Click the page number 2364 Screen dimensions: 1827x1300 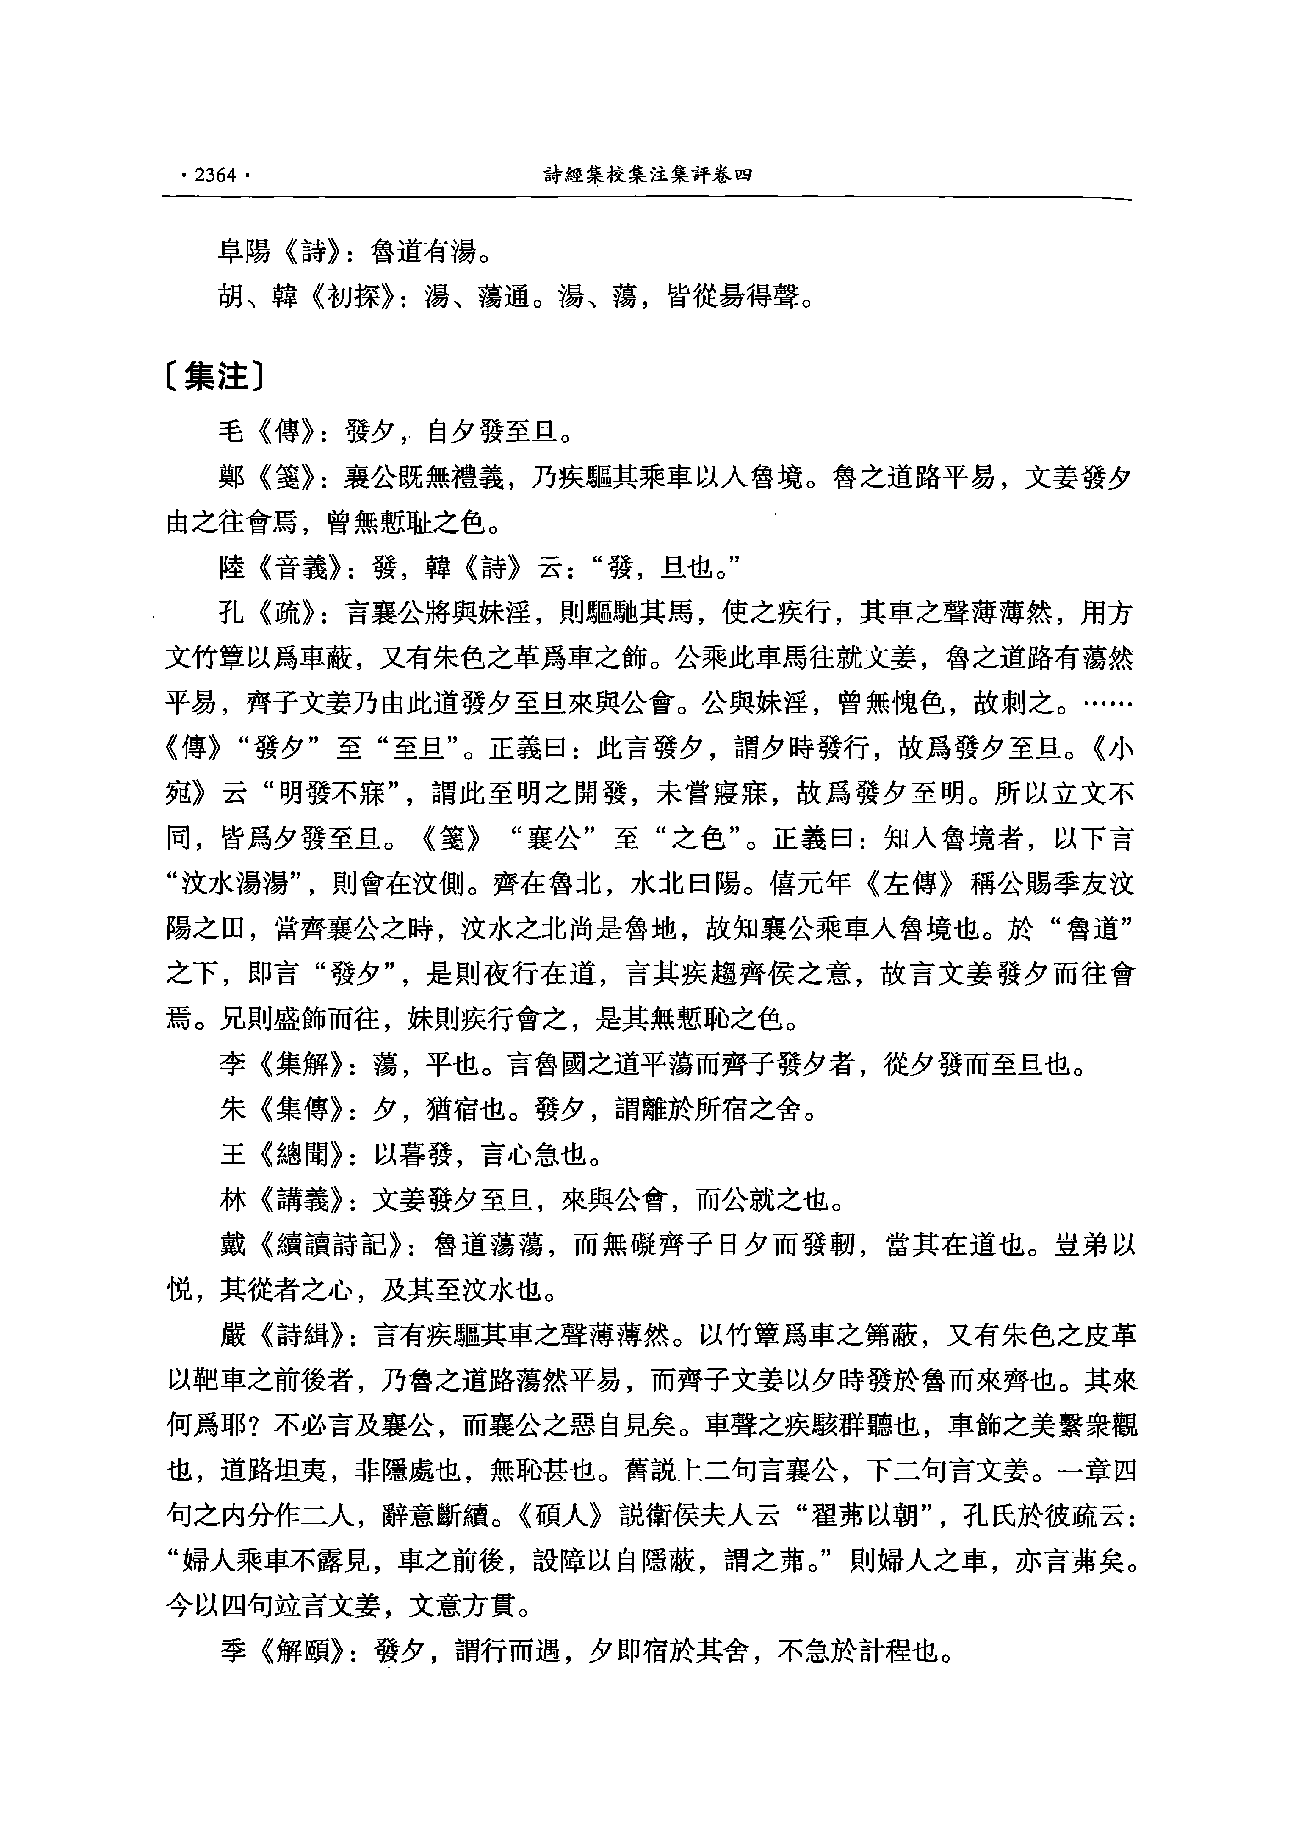click(212, 176)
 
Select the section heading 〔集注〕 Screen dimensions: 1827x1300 click(216, 377)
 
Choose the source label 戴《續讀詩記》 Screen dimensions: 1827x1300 click(312, 1245)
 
